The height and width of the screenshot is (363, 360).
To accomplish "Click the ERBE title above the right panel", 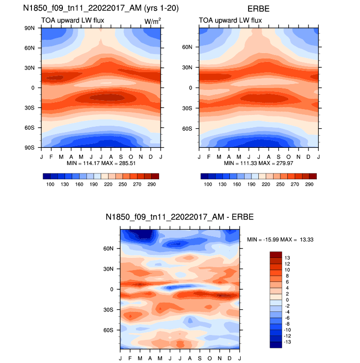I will [259, 8].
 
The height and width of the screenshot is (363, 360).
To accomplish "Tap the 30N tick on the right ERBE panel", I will [190, 68].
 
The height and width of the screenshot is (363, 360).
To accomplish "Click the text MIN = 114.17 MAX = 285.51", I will [101, 163].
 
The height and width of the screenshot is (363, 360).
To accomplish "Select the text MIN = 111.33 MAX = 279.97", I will [259, 163].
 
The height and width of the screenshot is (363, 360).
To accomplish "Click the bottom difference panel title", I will [179, 217].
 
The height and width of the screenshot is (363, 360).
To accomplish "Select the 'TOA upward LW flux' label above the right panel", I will [230, 20].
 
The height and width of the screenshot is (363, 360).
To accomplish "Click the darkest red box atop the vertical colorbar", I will [276, 254].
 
